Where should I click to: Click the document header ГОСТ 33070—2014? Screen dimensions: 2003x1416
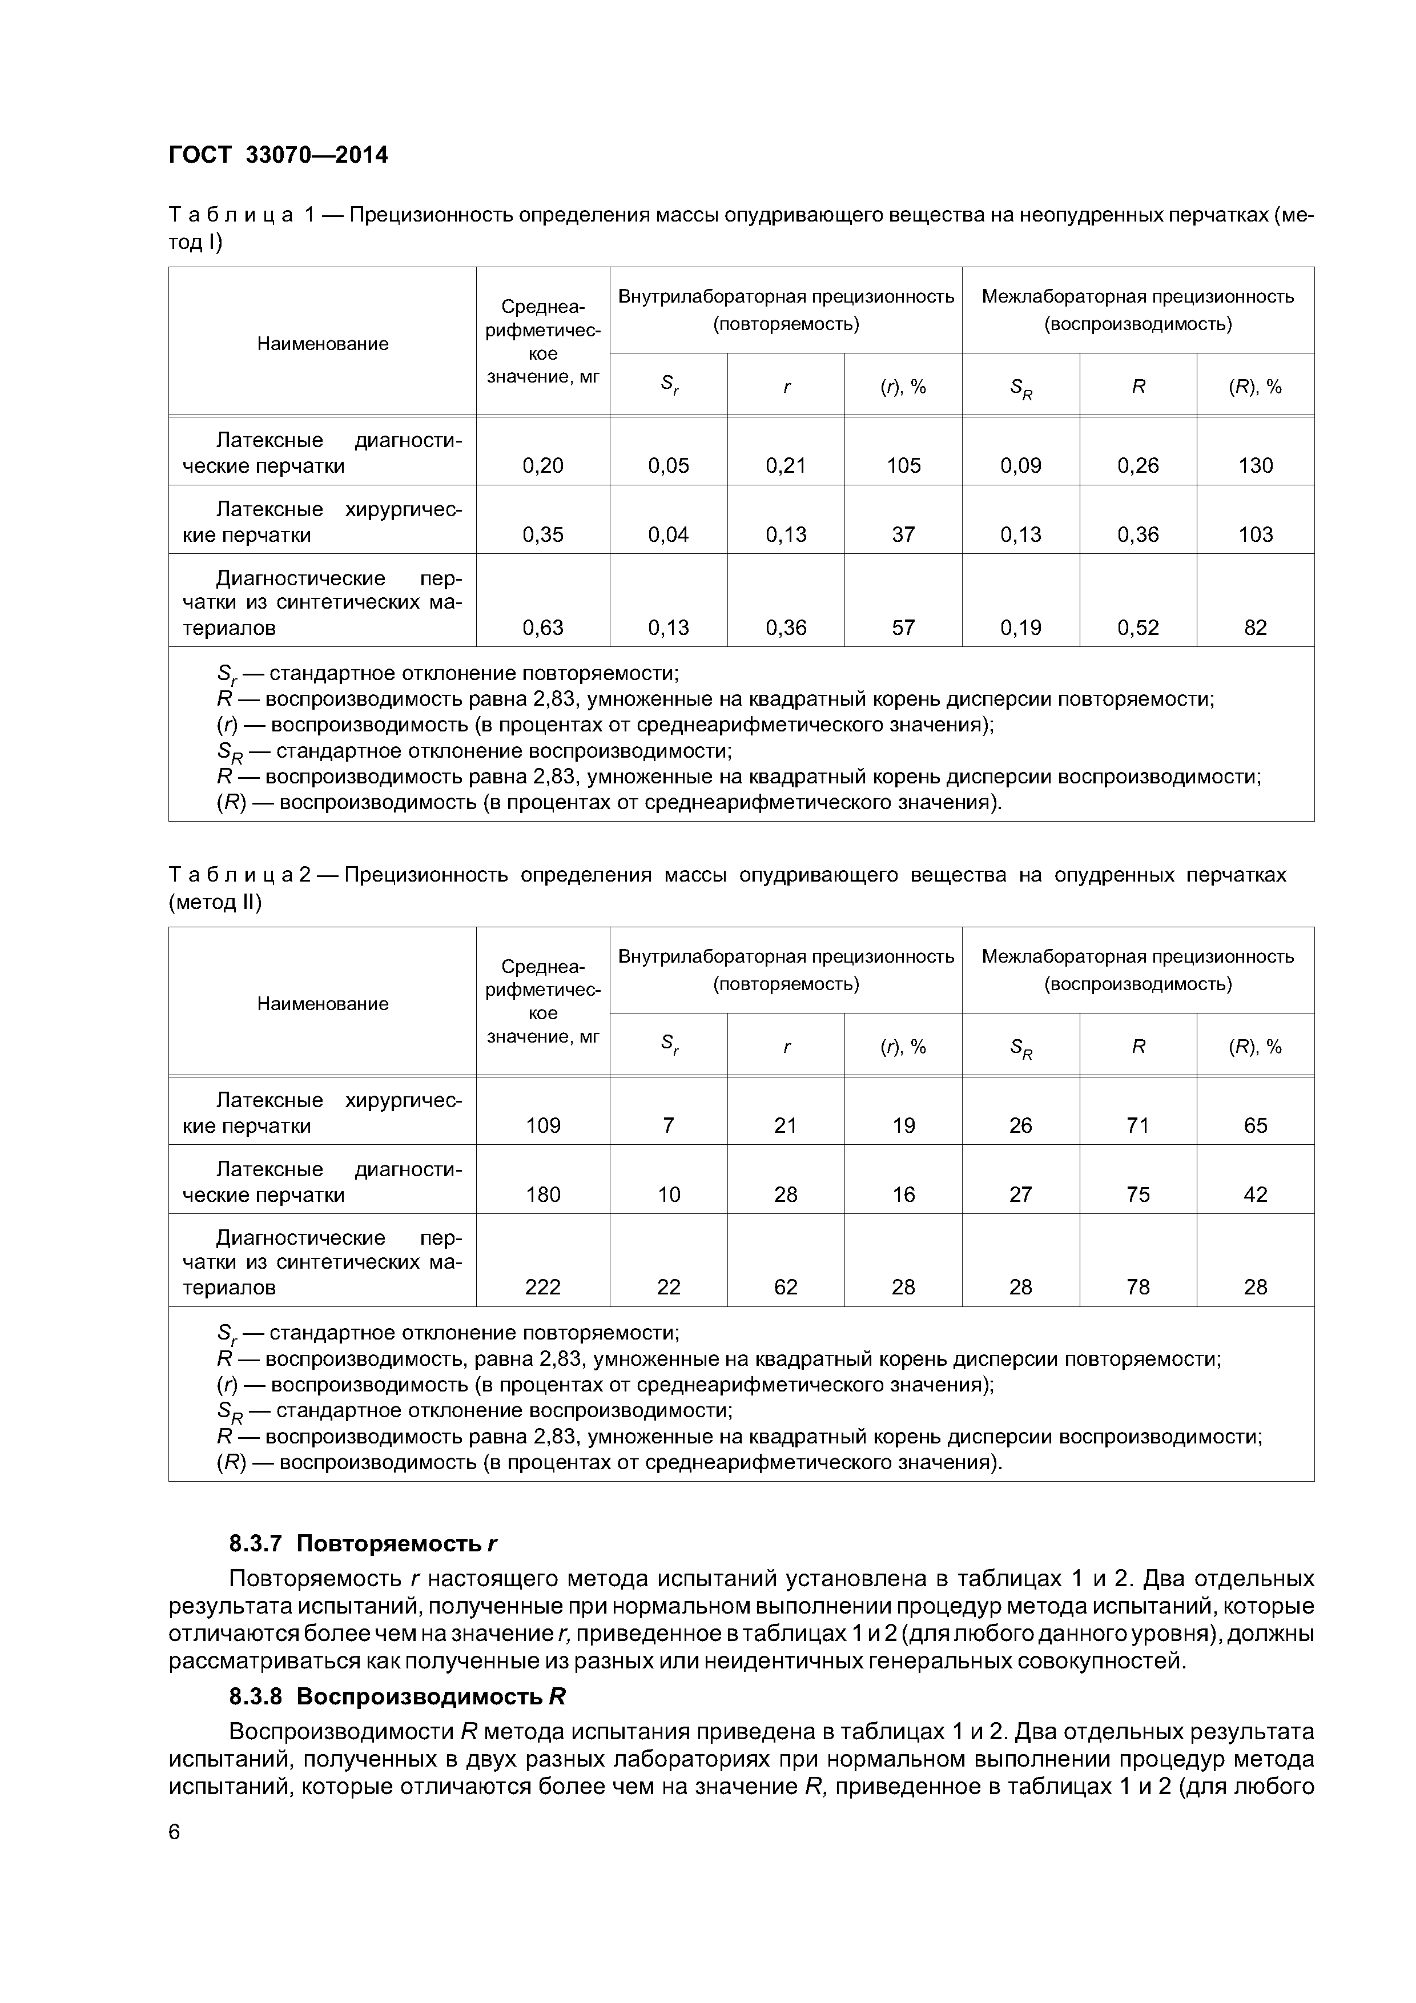(277, 155)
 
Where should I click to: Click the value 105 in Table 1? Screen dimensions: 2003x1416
(903, 466)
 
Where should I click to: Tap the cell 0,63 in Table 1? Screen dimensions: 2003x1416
(542, 628)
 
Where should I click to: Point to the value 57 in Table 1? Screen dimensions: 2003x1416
(903, 628)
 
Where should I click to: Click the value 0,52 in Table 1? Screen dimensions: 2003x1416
(1138, 628)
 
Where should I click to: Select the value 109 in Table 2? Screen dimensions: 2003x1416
(542, 1126)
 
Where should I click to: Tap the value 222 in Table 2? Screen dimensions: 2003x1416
(542, 1288)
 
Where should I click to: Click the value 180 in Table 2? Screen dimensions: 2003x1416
(542, 1195)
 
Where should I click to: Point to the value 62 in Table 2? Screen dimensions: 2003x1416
(785, 1288)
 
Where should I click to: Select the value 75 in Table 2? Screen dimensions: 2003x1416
(1138, 1195)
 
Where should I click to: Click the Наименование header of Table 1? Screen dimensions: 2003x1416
(322, 344)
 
